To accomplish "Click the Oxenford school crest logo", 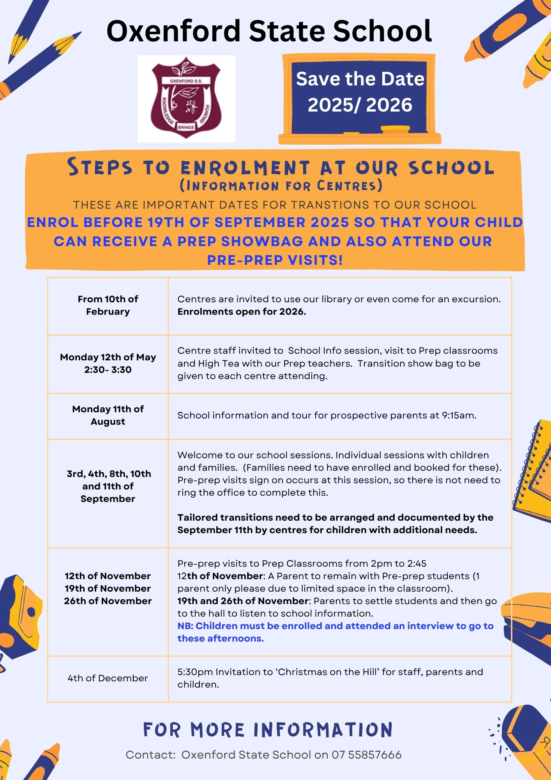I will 186,98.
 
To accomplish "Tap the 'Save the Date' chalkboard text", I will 360,79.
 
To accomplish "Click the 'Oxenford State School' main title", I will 269,31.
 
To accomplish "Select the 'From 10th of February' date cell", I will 108,305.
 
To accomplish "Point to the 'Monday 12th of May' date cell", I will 108,357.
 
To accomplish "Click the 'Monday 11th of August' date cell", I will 108,415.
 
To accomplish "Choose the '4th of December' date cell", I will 108,678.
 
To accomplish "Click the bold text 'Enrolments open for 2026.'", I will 242,312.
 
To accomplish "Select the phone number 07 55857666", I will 366,755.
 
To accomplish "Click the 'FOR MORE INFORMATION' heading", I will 268,730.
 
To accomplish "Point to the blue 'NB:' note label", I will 185,626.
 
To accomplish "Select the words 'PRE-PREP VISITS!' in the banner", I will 275,260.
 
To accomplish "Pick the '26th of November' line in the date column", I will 108,601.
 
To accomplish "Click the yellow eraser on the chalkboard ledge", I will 395,128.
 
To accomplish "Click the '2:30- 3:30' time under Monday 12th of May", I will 108,370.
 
